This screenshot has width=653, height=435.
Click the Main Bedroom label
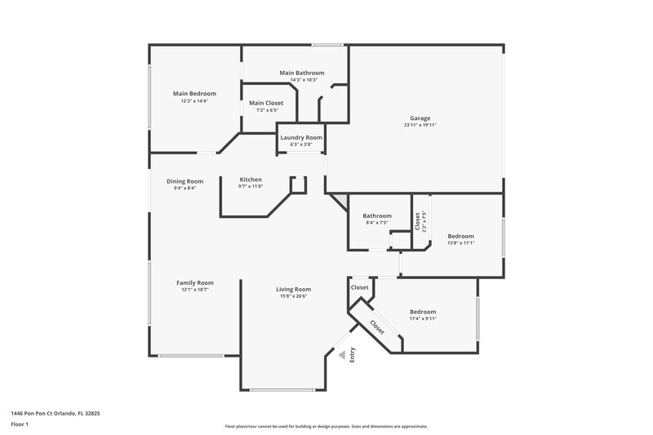[194, 94]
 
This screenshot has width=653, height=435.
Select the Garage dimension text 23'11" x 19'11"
[420, 126]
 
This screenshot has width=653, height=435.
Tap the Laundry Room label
[301, 137]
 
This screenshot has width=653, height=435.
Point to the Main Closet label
[266, 103]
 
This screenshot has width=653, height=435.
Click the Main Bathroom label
[302, 73]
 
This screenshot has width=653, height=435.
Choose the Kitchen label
[251, 180]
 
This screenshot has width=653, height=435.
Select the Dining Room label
[184, 181]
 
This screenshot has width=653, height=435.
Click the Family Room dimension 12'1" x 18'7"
[194, 290]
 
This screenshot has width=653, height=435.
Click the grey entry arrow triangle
[343, 355]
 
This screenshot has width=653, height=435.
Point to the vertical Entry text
[353, 355]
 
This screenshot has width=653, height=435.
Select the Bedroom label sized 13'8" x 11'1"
[460, 236]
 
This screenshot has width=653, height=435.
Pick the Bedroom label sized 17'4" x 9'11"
[422, 312]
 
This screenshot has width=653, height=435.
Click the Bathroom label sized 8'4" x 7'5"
[377, 215]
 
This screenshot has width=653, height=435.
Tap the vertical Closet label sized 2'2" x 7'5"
[417, 221]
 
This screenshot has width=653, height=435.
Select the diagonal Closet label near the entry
[376, 326]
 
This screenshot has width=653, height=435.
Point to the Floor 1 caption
[20, 425]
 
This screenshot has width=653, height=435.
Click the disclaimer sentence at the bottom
[326, 426]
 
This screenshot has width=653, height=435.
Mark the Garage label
[420, 118]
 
